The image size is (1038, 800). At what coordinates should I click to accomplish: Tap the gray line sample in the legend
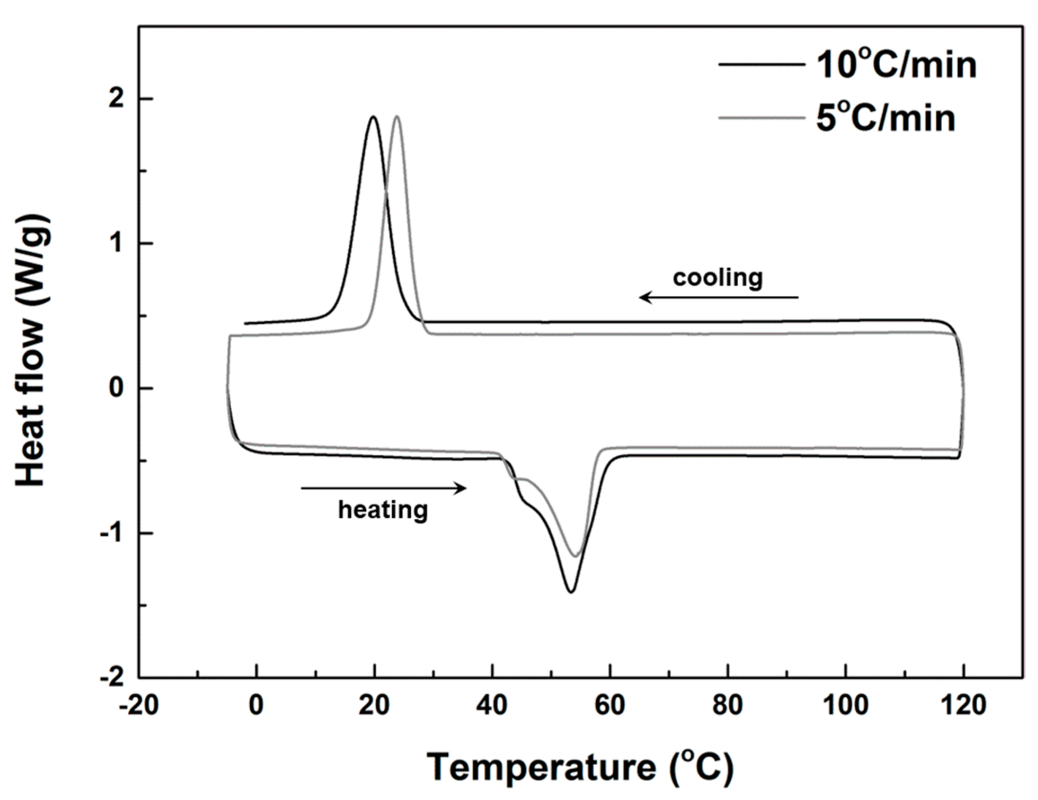[760, 118]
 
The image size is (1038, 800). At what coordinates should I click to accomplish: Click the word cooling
[718, 278]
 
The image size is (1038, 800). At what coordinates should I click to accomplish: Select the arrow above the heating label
[384, 488]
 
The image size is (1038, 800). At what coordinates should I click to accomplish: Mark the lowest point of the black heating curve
[571, 592]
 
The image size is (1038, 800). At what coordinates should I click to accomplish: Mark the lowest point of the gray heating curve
[575, 556]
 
